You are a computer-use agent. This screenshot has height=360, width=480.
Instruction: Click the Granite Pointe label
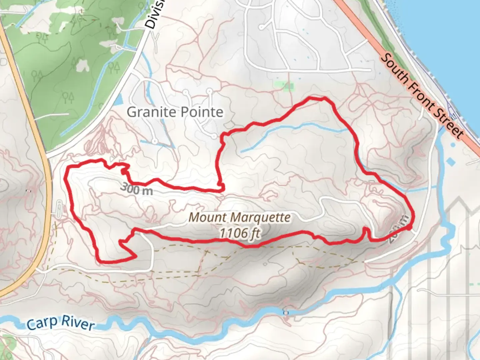coord(175,112)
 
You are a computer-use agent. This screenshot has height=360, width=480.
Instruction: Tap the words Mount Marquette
coord(239,218)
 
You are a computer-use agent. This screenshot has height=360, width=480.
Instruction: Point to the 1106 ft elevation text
coord(239,233)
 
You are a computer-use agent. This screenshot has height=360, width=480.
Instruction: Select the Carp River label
coord(60,323)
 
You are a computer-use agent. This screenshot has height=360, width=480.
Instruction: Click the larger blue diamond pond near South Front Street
coord(450,162)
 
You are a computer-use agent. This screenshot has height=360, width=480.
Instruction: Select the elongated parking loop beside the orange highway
coord(59,209)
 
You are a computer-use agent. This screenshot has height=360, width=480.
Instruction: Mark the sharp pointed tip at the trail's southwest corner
coord(135,257)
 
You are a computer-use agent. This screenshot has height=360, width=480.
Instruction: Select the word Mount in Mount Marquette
coord(203,218)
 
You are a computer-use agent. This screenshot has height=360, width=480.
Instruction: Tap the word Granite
coord(149,112)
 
